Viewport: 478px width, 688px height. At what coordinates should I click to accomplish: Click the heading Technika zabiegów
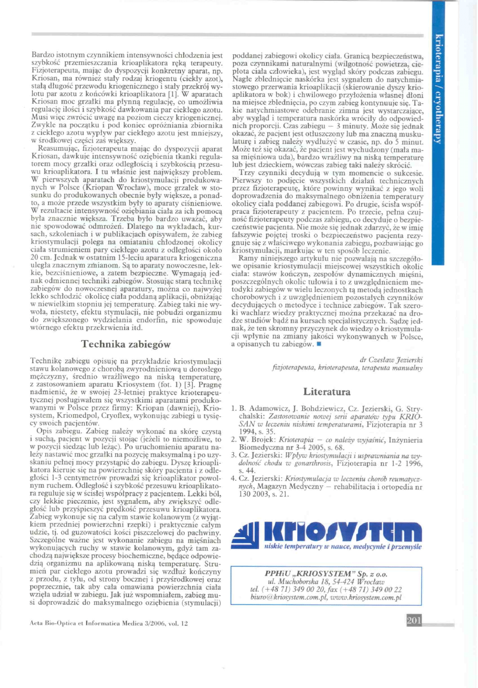click(127, 344)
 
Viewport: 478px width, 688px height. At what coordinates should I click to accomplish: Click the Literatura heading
click(327, 391)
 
